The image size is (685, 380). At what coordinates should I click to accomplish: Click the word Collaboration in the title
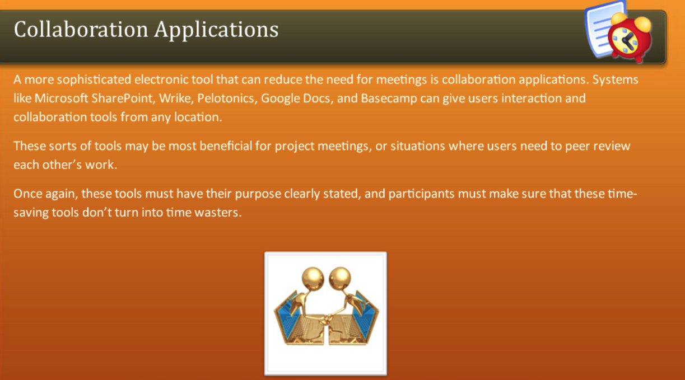(x=81, y=29)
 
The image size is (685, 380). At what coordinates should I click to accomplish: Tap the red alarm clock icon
(x=630, y=37)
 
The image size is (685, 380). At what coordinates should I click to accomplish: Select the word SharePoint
(x=122, y=98)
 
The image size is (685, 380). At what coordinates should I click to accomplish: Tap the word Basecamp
(x=389, y=99)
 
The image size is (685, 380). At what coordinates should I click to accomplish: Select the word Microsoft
(x=61, y=98)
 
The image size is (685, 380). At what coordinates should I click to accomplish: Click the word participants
(x=421, y=194)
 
